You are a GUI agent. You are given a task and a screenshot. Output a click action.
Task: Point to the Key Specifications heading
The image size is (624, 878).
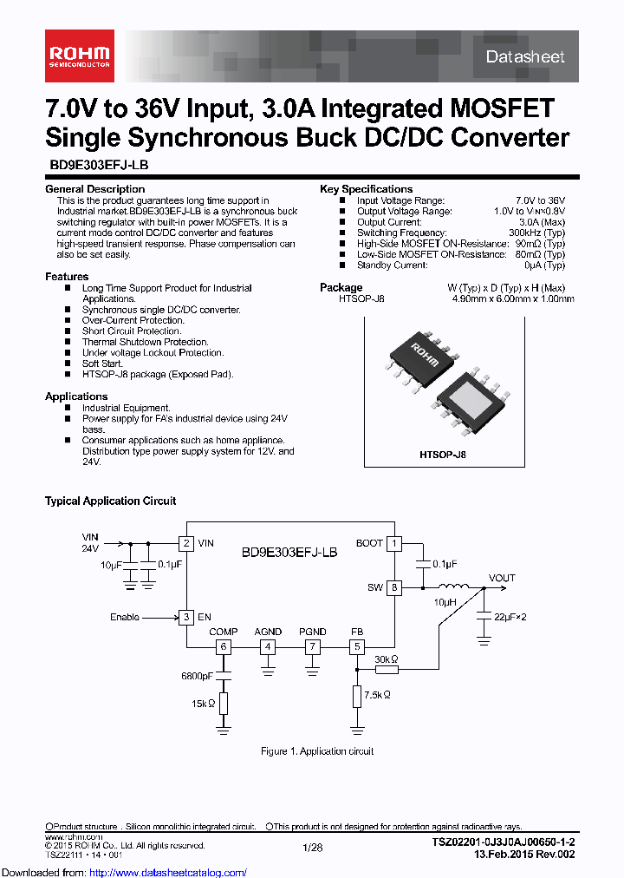(366, 189)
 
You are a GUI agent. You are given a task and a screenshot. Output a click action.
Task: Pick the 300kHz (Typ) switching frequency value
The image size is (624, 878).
(536, 233)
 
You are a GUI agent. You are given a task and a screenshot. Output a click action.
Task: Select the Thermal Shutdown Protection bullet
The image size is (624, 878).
(145, 342)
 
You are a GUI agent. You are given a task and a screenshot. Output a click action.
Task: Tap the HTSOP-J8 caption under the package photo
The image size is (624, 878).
(443, 454)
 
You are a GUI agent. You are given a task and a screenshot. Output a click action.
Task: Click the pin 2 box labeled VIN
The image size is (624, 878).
(185, 544)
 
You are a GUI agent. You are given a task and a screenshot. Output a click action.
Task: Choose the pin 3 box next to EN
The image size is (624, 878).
(185, 618)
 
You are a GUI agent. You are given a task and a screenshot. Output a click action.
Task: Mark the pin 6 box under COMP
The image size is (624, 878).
(224, 646)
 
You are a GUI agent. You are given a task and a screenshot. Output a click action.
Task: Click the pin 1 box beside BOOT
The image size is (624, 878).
(394, 544)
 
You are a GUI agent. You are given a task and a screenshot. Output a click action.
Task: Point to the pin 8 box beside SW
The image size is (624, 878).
(394, 587)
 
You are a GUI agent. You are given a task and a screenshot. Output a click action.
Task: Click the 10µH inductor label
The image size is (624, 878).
(445, 601)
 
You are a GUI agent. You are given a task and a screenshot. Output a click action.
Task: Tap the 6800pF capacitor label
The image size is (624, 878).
(197, 675)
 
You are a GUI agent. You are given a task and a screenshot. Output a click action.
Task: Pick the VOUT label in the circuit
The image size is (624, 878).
(502, 578)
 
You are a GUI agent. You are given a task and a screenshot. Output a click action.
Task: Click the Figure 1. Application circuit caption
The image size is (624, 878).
(317, 751)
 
